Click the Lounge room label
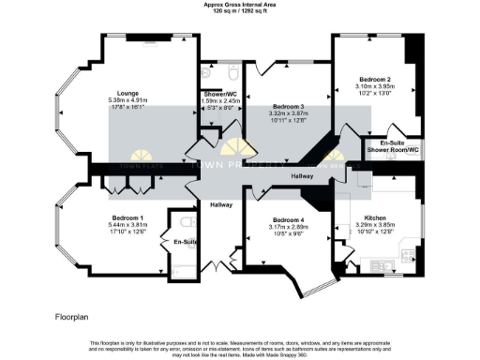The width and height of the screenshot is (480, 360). click(x=122, y=93)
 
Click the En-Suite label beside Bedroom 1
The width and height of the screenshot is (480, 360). click(x=185, y=242)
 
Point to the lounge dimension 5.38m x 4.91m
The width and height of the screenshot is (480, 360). click(x=122, y=100)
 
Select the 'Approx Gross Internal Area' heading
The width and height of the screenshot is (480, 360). click(x=240, y=4)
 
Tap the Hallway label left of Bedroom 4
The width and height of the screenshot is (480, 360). click(x=220, y=204)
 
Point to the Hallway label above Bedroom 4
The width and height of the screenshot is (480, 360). click(x=302, y=175)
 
